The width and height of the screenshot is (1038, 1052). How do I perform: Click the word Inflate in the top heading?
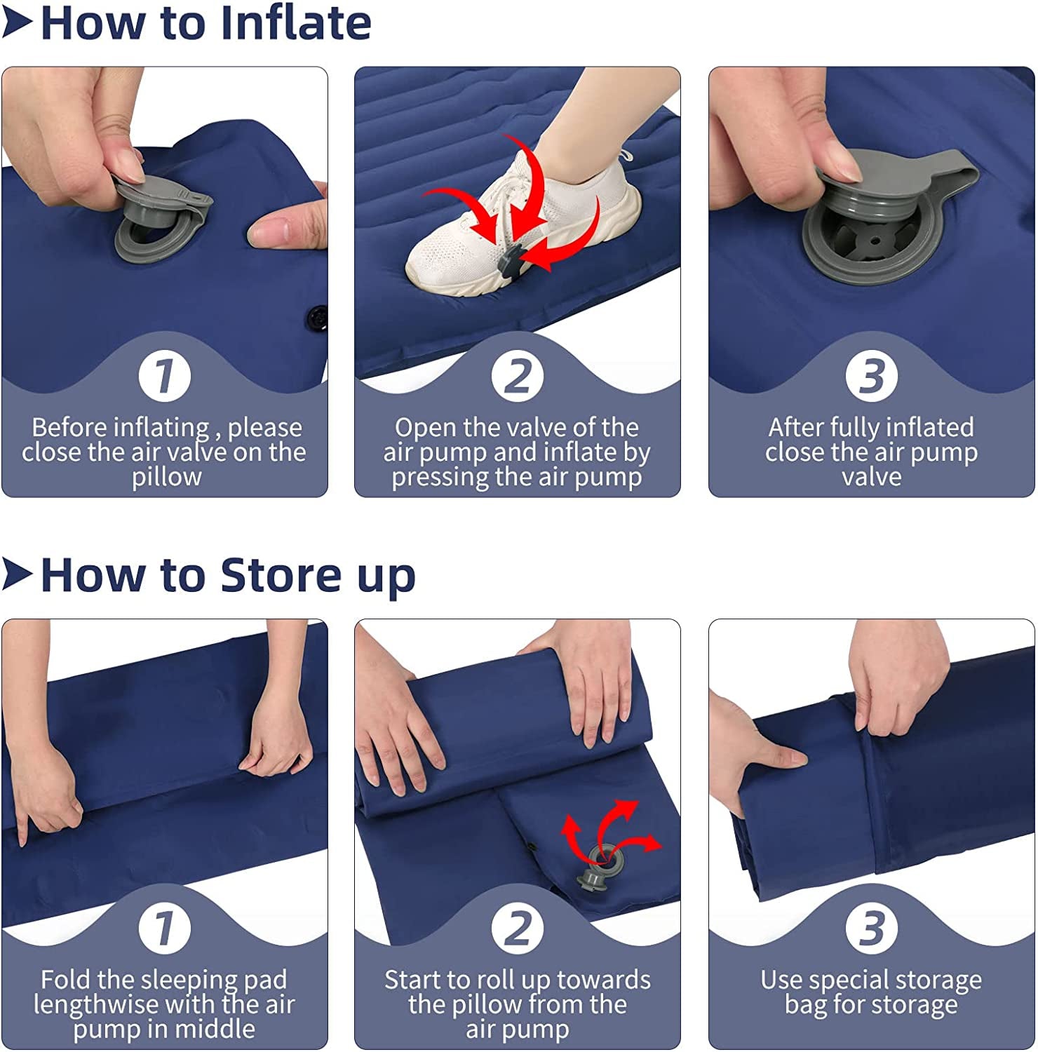click(x=295, y=23)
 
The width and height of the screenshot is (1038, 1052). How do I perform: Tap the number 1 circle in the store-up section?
click(x=165, y=927)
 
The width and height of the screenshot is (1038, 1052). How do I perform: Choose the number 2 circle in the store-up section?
click(x=518, y=927)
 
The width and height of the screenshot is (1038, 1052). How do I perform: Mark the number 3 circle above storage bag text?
click(x=871, y=927)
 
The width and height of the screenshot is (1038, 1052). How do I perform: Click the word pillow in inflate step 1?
click(x=167, y=477)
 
